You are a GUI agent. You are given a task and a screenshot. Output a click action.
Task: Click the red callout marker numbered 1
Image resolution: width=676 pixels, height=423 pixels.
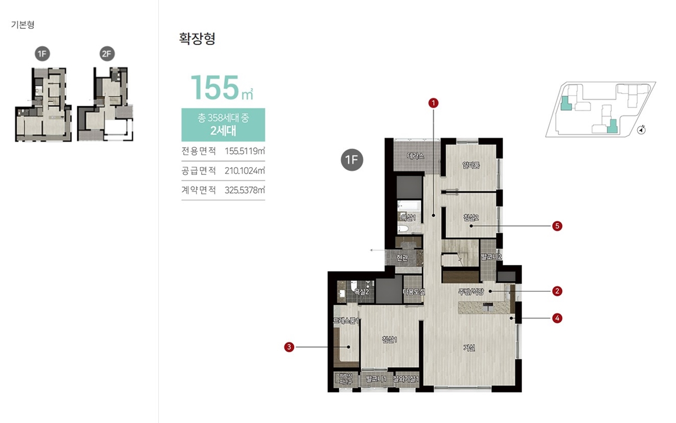click(433, 103)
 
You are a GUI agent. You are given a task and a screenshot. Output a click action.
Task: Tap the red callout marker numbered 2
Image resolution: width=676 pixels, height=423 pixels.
click(557, 291)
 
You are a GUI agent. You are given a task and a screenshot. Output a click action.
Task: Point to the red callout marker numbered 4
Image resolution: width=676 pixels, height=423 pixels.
click(557, 318)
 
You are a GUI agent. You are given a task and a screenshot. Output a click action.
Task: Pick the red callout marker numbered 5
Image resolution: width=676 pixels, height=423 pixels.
click(557, 226)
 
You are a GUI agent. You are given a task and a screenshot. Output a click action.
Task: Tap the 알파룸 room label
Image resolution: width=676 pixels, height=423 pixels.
click(470, 165)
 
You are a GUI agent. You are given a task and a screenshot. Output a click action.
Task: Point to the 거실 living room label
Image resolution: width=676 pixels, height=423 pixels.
click(469, 348)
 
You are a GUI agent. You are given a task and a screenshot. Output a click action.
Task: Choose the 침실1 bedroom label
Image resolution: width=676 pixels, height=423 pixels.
click(389, 339)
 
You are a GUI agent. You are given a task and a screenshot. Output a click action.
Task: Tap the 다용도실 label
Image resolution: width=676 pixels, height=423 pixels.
click(413, 291)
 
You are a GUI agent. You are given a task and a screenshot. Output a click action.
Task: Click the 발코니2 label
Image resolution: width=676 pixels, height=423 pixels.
click(491, 257)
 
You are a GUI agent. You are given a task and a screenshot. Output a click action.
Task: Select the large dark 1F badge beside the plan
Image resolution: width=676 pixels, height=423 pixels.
click(352, 160)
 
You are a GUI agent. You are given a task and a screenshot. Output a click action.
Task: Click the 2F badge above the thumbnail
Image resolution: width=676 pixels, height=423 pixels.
click(107, 54)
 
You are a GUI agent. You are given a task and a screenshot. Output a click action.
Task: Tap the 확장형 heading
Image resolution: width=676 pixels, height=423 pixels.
click(197, 39)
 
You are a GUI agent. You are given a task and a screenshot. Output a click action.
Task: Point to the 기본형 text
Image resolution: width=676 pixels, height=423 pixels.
click(23, 25)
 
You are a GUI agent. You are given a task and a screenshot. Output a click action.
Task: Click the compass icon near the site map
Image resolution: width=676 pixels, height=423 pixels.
click(641, 130)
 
